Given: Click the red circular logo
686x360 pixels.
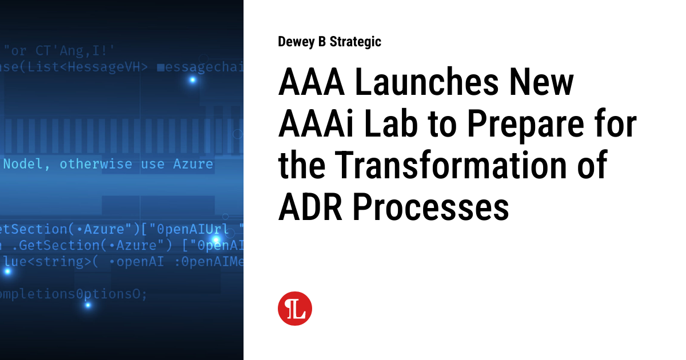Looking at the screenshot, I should click(295, 309).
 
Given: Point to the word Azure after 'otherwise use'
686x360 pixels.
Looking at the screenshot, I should click(193, 164).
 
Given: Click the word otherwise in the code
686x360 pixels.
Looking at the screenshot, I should click(96, 164).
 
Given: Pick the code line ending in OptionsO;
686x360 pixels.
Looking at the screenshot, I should click(73, 294).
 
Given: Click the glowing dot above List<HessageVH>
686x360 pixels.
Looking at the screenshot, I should click(193, 80).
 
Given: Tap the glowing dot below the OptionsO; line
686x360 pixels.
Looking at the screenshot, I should click(88, 305).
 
